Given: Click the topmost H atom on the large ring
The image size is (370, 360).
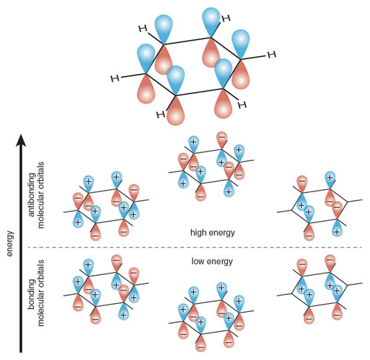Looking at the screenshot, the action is click(x=226, y=18).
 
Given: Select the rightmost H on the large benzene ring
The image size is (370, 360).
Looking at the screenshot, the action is click(x=272, y=55).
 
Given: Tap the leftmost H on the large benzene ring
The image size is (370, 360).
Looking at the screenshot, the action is click(x=115, y=78).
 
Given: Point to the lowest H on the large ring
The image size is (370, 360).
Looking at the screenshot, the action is click(x=161, y=115).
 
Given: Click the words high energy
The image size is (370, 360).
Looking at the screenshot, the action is click(x=212, y=233).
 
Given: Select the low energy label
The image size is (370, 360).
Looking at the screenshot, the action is click(x=212, y=261).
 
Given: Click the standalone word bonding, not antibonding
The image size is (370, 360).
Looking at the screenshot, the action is click(x=32, y=293).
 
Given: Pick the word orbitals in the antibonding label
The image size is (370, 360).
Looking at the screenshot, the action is click(x=41, y=173).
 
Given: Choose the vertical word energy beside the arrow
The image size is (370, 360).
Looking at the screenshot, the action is click(x=10, y=244).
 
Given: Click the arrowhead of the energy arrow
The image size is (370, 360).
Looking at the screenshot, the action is click(x=21, y=140).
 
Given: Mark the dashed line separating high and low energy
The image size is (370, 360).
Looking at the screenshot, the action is click(x=195, y=247).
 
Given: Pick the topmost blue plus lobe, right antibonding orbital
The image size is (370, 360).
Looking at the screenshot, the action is click(x=330, y=180).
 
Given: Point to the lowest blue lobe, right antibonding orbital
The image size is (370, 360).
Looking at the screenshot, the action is click(x=337, y=228).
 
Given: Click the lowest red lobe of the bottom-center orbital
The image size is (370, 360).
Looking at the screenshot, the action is click(x=201, y=343).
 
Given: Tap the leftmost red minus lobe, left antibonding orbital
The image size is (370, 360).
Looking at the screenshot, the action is click(x=78, y=201).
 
